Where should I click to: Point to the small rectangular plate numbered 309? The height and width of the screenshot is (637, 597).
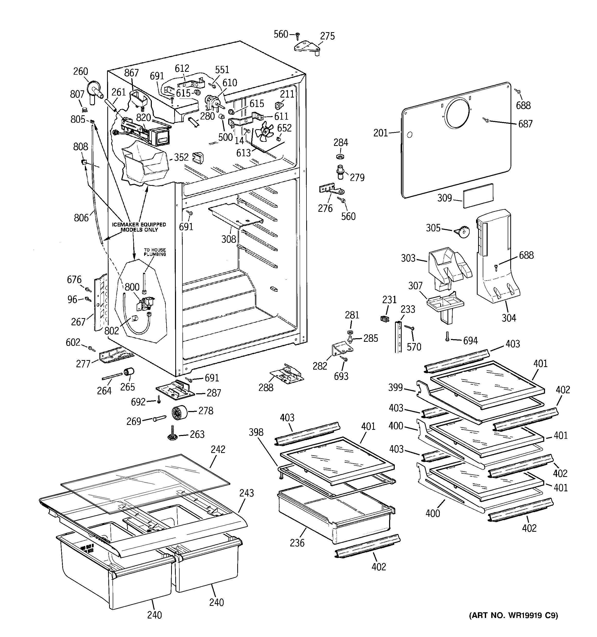point(478,196)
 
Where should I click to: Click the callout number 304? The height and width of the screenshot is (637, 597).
point(508,318)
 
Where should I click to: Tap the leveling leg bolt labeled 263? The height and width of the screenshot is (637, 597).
point(172,434)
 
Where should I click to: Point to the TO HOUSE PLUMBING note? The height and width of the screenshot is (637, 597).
point(155,252)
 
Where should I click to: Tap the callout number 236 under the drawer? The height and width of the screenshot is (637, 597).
point(297,543)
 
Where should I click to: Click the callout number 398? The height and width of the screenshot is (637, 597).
point(256,432)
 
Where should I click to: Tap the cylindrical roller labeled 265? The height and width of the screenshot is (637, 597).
point(129,372)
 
